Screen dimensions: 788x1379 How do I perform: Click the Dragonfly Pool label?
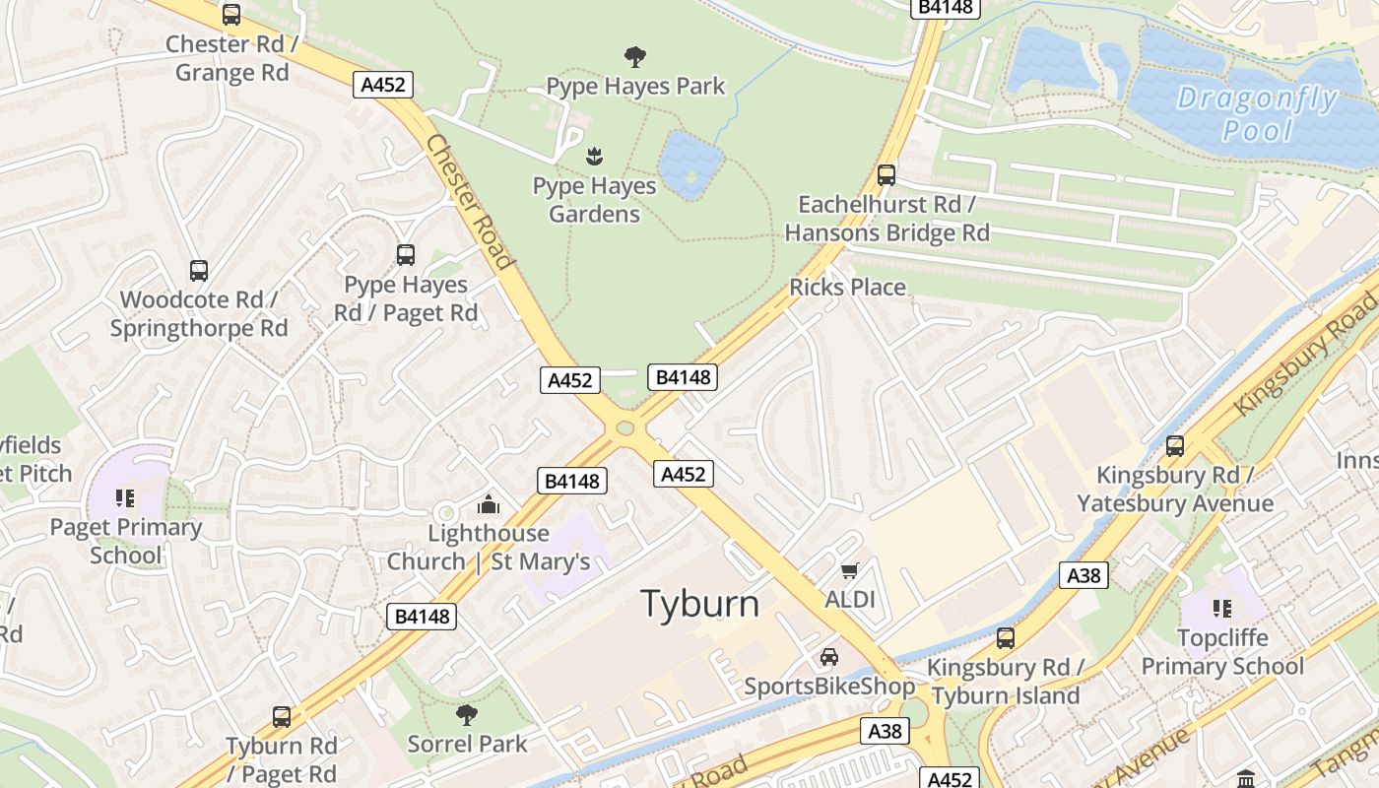1257,114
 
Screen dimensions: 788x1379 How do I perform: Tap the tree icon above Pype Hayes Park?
635,56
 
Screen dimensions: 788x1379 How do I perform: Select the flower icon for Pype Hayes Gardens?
594,156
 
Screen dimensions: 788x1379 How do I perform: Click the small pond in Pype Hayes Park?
690,161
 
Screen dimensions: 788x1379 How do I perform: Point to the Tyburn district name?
700,604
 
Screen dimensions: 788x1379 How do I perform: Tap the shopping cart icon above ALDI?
849,570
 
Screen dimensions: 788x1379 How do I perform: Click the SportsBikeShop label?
829,687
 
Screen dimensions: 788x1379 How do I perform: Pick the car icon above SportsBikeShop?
829,657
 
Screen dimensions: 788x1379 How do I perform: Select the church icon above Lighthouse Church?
489,505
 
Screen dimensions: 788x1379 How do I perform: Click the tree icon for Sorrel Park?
467,714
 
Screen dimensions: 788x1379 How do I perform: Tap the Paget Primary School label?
126,541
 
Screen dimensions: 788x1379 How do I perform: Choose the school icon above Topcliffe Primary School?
1222,609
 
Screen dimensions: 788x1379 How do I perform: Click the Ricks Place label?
847,287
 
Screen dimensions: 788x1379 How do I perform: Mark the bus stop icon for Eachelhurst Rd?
886,175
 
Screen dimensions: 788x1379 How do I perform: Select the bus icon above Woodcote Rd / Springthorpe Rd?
199,270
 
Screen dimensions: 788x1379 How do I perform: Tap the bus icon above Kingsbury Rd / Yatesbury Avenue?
1174,445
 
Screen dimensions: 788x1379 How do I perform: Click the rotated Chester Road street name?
470,202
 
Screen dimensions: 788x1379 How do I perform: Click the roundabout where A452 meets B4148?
624,428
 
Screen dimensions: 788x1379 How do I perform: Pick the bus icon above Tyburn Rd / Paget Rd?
282,716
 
